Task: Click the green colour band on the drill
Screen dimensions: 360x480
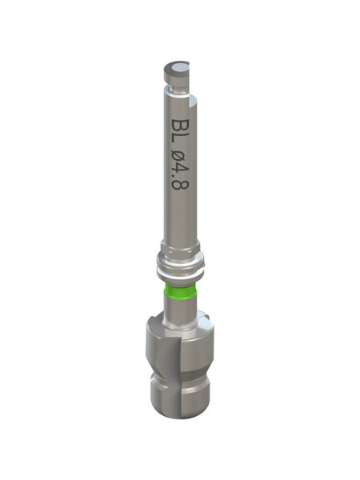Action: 180,291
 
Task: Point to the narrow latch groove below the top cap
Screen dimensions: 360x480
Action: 177,86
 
